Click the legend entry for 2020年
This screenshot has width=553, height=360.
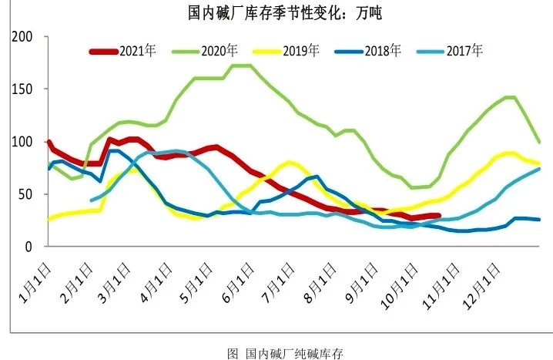[x=220, y=52]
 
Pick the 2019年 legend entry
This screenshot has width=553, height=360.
[x=301, y=52]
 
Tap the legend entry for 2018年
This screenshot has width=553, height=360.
[x=383, y=52]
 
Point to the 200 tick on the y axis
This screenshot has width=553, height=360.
[x=23, y=37]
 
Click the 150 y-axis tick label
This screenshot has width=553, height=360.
[x=23, y=89]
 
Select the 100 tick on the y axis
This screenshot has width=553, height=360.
[x=23, y=142]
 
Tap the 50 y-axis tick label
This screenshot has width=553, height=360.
[x=26, y=194]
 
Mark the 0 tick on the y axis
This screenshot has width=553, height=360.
[x=29, y=247]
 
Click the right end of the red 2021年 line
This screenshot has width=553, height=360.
[x=438, y=217]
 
